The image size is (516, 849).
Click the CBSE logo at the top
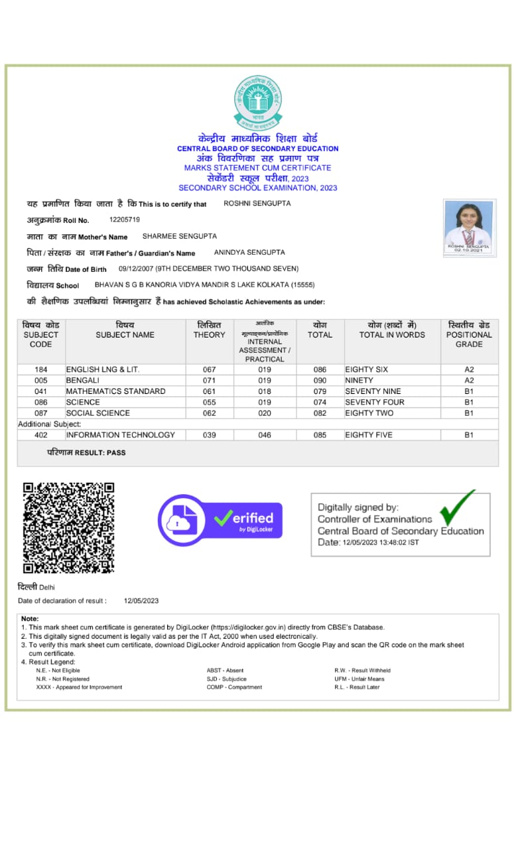click(258, 103)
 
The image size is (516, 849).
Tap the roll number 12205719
click(125, 220)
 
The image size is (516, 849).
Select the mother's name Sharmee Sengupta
click(180, 236)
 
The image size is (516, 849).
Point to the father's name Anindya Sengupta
click(249, 253)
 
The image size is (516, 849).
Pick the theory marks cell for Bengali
click(210, 381)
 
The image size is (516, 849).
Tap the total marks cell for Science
click(320, 403)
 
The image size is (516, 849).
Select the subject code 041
click(41, 391)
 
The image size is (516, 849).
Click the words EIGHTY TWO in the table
click(369, 413)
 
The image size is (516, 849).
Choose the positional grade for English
click(469, 369)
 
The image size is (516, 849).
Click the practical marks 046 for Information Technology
click(265, 435)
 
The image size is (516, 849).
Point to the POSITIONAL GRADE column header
click(469, 334)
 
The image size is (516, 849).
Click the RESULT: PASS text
click(86, 452)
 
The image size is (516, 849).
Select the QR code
click(69, 527)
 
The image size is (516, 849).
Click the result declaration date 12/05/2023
click(141, 601)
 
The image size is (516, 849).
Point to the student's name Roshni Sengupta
click(257, 204)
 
